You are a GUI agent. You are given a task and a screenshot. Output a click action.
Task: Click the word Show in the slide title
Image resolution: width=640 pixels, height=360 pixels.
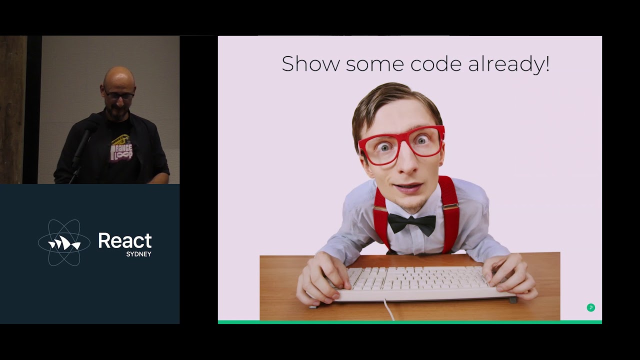(x=310, y=64)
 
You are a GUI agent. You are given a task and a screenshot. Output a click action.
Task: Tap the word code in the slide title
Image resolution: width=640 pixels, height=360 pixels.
(x=436, y=64)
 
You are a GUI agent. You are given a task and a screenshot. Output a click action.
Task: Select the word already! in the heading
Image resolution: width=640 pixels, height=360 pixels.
(x=509, y=64)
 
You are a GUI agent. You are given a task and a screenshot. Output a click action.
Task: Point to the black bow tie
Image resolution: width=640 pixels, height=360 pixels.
(x=411, y=223)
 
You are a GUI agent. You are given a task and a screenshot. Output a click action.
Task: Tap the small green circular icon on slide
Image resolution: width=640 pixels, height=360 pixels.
(x=590, y=307)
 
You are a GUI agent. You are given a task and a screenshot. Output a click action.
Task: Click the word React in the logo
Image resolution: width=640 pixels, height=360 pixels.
(x=124, y=240)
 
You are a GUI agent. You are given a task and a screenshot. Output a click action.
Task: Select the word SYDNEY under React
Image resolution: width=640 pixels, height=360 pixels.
(x=138, y=254)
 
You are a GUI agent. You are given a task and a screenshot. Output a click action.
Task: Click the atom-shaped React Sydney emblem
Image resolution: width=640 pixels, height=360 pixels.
(x=64, y=242)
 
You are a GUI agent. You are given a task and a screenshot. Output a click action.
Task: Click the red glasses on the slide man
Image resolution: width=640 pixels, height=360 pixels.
(x=401, y=143)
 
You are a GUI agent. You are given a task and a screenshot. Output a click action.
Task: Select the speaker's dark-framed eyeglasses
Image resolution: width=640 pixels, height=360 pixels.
(x=119, y=94)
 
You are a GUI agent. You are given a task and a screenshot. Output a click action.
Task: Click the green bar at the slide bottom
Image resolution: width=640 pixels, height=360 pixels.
(x=410, y=322)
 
